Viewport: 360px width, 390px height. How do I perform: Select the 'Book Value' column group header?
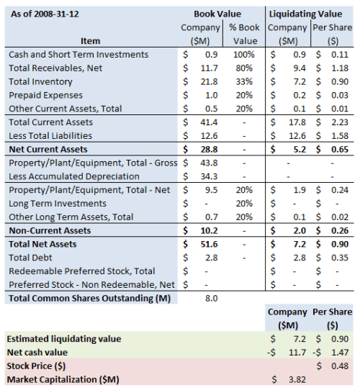pyautogui.click(x=217, y=14)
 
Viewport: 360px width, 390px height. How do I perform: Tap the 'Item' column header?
pyautogui.click(x=91, y=41)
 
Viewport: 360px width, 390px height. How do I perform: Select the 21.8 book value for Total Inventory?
pyautogui.click(x=210, y=81)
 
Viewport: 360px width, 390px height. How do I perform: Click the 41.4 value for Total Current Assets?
pyautogui.click(x=210, y=122)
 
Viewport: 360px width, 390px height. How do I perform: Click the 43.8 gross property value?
pyautogui.click(x=210, y=163)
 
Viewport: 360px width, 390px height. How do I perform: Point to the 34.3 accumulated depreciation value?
pyautogui.click(x=210, y=176)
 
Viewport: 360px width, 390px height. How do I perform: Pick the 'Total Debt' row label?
pyautogui.click(x=31, y=257)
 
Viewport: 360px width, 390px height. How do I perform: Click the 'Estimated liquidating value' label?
pyautogui.click(x=64, y=338)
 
